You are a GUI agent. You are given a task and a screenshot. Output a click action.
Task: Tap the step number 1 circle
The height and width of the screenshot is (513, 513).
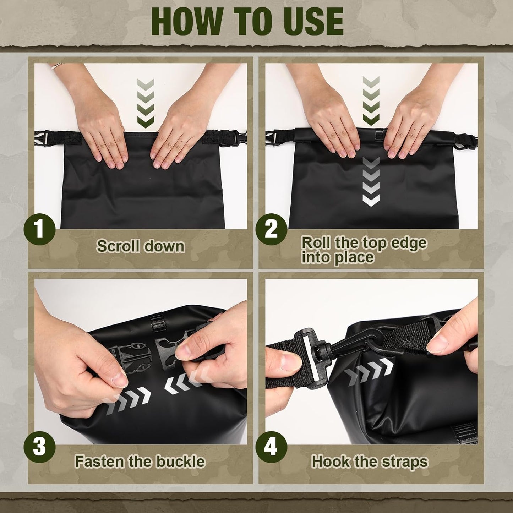point(39,229)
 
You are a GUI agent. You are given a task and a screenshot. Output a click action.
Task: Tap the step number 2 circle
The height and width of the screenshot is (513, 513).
point(271,229)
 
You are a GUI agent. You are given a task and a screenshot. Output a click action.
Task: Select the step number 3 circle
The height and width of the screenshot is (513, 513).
point(39,447)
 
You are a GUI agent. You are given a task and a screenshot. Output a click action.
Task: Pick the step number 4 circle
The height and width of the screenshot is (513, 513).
point(271,447)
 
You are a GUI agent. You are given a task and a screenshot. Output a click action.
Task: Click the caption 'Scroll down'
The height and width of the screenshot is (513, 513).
point(141,246)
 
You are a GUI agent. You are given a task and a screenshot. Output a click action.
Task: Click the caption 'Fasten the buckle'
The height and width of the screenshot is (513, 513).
point(140,462)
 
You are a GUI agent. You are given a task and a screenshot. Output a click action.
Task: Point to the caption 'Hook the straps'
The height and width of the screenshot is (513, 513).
point(370,462)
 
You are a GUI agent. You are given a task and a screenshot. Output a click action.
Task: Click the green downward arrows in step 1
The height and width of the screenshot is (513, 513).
point(146,103)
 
